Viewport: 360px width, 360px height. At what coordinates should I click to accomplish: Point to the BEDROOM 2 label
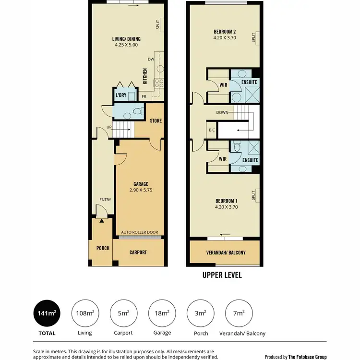[225, 33]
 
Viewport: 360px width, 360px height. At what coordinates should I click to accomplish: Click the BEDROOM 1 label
[227, 201]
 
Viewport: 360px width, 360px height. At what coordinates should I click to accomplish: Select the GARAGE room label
[141, 184]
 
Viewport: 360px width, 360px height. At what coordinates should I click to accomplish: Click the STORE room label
[156, 120]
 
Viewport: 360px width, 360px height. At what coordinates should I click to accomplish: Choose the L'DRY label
[121, 95]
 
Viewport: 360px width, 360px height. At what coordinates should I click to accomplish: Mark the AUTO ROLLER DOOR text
[140, 232]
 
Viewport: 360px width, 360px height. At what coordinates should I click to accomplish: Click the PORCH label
[102, 248]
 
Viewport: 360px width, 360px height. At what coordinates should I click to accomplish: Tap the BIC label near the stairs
[211, 130]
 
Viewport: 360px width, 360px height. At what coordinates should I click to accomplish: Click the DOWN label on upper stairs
[222, 113]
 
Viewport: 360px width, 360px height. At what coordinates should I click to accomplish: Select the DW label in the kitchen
[151, 60]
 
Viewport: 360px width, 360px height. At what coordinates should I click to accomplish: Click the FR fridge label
[144, 96]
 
